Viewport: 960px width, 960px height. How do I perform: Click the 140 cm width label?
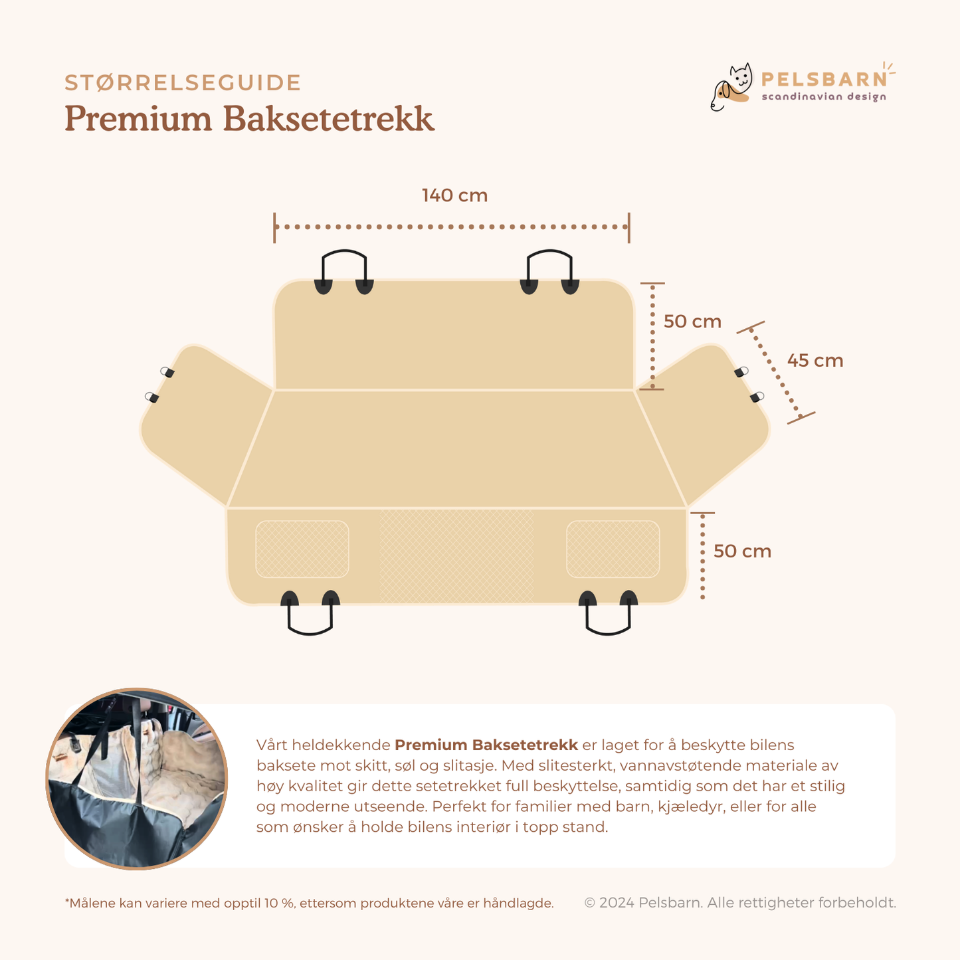pyautogui.click(x=454, y=196)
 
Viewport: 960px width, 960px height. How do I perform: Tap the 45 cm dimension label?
pyautogui.click(x=815, y=361)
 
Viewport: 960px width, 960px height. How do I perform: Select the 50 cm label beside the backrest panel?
pyautogui.click(x=692, y=322)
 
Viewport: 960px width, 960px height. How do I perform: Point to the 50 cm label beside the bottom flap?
pyautogui.click(x=742, y=551)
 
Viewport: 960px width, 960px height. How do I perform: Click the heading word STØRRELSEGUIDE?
pyautogui.click(x=183, y=83)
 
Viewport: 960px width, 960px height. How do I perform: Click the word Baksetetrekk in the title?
pyautogui.click(x=328, y=120)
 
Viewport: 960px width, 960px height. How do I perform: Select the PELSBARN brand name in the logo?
pyautogui.click(x=824, y=80)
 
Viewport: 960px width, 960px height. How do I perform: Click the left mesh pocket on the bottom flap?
pyautogui.click(x=302, y=549)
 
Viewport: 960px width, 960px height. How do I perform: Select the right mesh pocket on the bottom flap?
pyautogui.click(x=613, y=549)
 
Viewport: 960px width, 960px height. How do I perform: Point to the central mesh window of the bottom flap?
pyautogui.click(x=456, y=556)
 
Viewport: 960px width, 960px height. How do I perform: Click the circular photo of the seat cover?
pyautogui.click(x=137, y=779)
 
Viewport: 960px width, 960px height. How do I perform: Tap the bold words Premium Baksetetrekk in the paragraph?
pyautogui.click(x=486, y=745)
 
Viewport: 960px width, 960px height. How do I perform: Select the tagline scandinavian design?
pyautogui.click(x=824, y=97)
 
